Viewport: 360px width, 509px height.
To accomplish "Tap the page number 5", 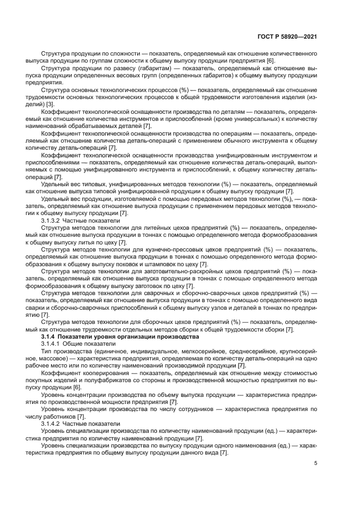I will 315,464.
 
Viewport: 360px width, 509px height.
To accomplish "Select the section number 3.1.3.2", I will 51,221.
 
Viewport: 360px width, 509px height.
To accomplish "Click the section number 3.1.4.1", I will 51,345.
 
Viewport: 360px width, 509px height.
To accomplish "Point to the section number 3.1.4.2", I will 51,422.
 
